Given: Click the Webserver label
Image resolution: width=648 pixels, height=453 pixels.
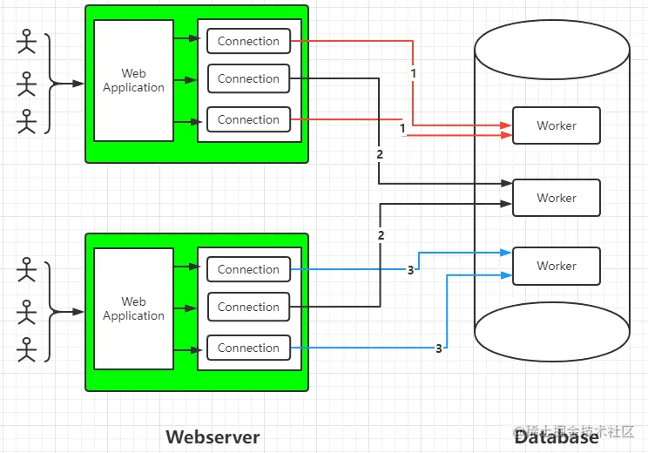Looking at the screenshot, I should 213,436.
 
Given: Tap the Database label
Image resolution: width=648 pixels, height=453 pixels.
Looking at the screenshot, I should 556,436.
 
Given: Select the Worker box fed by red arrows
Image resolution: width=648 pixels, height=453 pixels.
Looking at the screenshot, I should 557,125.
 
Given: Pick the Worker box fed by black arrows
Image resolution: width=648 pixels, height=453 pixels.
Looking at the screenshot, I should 557,198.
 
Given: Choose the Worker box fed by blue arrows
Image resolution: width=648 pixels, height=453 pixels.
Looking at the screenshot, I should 557,266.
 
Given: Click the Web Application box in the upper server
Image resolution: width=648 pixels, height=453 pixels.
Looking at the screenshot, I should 133,80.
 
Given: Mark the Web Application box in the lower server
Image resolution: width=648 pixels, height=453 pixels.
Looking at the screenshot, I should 133,308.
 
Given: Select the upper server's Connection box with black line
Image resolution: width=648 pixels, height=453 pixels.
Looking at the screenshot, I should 248,78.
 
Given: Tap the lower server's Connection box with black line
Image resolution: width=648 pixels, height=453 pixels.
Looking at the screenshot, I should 248,307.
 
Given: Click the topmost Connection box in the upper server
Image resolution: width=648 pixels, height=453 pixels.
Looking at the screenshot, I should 248,41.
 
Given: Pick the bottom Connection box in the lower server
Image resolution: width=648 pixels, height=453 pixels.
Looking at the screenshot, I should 248,348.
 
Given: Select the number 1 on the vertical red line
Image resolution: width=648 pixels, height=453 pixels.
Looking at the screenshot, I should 413,74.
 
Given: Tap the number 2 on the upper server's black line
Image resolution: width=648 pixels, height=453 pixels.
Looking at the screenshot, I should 380,154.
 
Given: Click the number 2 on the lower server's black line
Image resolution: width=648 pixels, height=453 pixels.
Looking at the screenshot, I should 381,236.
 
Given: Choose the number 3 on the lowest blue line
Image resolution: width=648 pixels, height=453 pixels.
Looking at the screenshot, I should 439,348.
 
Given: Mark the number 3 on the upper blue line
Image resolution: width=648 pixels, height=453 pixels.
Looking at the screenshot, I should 411,270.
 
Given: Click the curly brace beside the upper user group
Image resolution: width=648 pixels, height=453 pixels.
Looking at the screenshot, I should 49,84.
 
